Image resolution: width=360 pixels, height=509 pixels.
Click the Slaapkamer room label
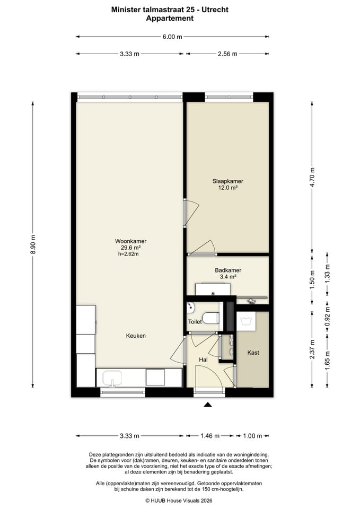click(227, 181)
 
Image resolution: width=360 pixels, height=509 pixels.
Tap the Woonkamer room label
click(130, 241)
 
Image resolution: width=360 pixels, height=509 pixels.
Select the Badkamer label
click(228, 270)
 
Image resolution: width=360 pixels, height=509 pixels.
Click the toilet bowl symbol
click(210, 318)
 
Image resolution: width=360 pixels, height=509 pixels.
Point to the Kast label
click(253, 353)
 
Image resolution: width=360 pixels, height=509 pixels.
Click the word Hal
click(203, 359)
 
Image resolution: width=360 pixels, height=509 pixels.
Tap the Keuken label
click(136, 336)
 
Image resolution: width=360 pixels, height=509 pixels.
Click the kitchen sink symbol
click(112, 378)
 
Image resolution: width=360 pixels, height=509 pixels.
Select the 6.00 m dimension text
click(172, 37)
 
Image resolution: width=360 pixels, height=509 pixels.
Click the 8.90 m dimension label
click(33, 244)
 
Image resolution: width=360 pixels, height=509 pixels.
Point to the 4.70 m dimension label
click(312, 177)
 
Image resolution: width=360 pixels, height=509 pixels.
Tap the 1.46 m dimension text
click(210, 436)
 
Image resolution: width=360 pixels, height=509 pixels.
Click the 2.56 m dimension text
click(227, 54)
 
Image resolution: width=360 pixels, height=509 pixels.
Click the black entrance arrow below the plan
click(208, 405)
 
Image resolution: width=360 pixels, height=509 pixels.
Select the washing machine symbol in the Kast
click(246, 321)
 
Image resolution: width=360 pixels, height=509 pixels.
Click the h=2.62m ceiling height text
click(128, 254)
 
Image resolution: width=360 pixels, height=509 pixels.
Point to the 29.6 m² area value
click(130, 248)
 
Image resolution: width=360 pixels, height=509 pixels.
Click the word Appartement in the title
click(170, 19)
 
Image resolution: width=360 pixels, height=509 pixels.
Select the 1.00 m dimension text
click(252, 436)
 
